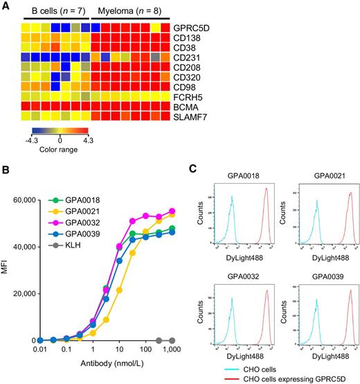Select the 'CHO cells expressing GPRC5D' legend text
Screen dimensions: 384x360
pos(285,379)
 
